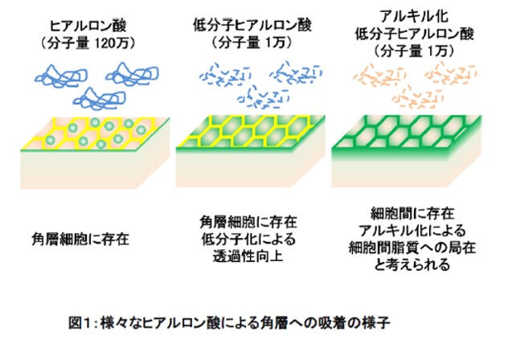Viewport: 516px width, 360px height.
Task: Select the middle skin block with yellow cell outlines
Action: (x=249, y=153)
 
